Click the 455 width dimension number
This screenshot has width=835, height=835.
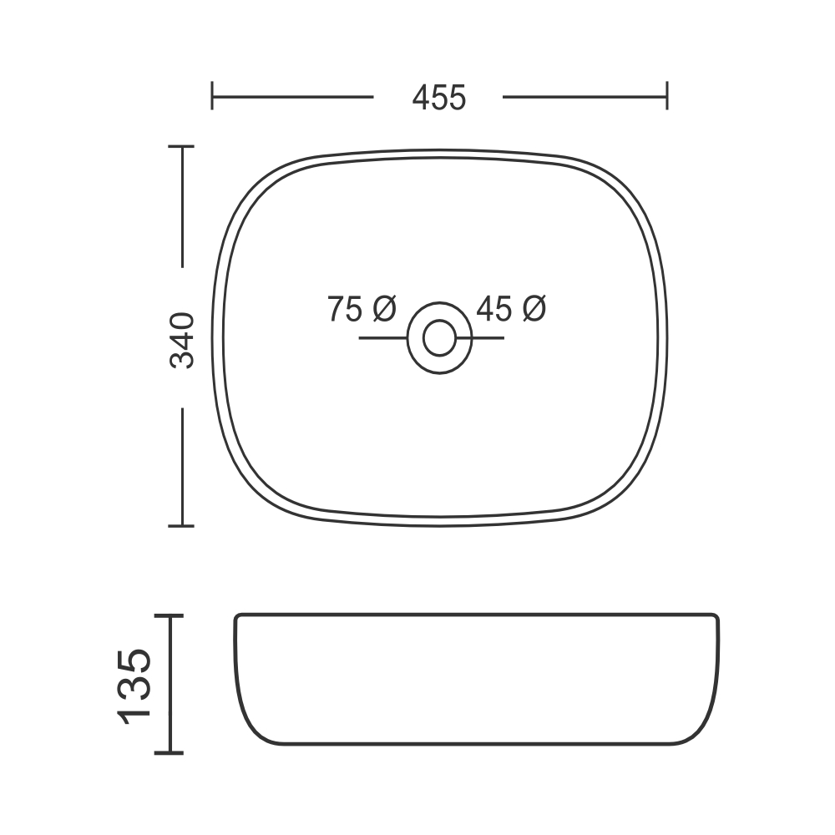point(439,98)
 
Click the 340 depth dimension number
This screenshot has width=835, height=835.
point(182,341)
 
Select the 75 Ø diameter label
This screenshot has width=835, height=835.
point(362,309)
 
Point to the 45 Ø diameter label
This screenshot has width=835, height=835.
point(511,309)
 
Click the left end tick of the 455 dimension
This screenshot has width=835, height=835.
point(212,96)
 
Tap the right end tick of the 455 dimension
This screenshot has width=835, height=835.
point(666,96)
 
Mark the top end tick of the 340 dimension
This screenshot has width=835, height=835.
point(181,146)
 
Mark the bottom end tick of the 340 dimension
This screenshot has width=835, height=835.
point(181,525)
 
